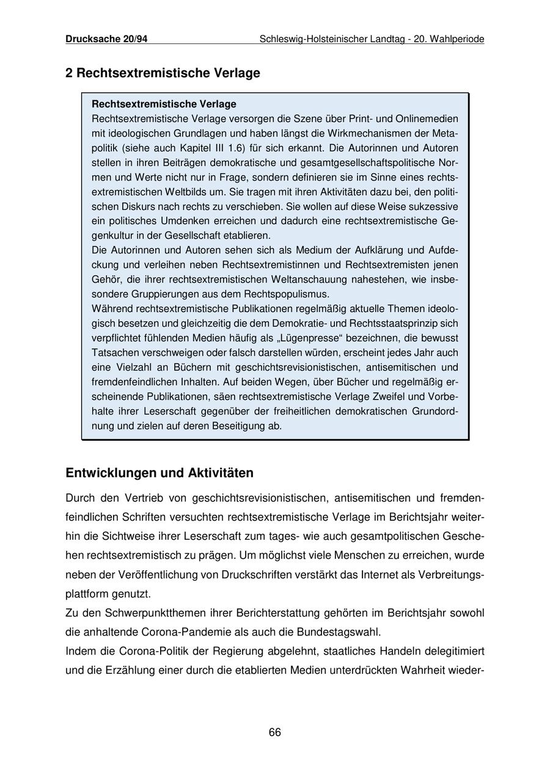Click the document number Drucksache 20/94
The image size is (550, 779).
(x=106, y=39)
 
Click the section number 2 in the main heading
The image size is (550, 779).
(x=69, y=73)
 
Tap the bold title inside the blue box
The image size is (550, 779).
(x=164, y=104)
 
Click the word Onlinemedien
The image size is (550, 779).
(x=430, y=119)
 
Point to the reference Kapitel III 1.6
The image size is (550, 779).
(x=207, y=148)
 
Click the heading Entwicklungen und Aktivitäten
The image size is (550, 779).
(x=159, y=474)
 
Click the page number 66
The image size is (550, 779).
(x=275, y=733)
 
